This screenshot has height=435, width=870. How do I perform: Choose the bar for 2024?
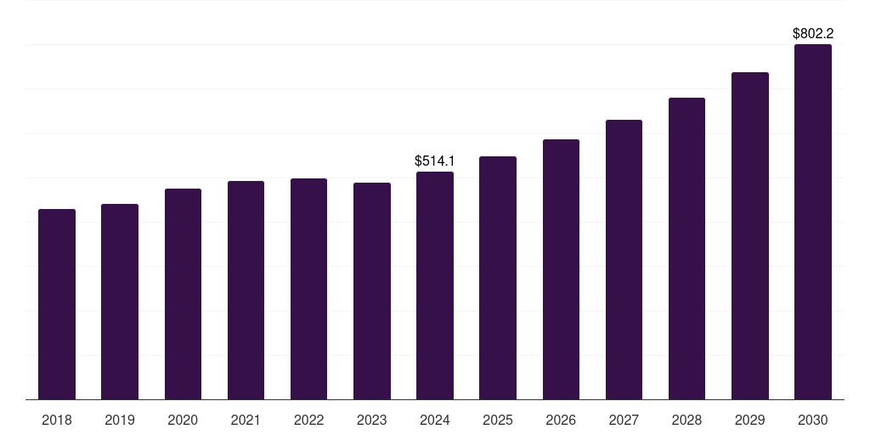[435, 285]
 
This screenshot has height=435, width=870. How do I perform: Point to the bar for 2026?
[561, 269]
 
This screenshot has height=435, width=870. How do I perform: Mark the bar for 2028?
[686, 248]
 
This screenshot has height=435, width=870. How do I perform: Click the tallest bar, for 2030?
[813, 222]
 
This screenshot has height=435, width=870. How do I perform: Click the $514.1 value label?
[435, 161]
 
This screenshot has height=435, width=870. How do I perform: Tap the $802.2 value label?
[813, 34]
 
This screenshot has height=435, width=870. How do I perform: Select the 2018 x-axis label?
[57, 420]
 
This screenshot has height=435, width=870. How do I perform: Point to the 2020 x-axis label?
[183, 420]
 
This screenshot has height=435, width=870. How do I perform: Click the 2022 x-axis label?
[309, 420]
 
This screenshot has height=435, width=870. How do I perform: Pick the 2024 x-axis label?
[435, 420]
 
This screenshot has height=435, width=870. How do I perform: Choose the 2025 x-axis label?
[498, 420]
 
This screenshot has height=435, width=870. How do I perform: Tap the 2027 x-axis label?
[624, 420]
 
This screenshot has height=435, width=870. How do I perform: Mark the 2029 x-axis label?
[750, 420]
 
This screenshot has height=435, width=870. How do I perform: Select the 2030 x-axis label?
[813, 420]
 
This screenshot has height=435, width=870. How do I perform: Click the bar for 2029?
[750, 235]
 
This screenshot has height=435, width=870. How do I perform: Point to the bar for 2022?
[309, 289]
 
